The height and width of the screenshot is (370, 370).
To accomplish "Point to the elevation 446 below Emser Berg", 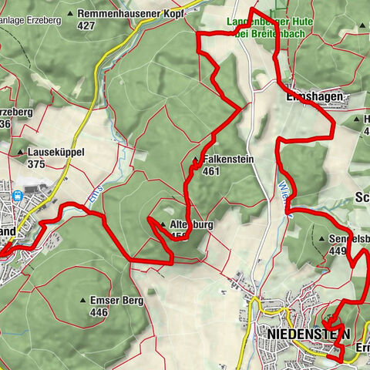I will (98, 312).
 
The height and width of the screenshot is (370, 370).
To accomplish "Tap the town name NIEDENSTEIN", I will (308, 333).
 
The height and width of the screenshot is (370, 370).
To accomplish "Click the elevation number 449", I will (338, 250).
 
